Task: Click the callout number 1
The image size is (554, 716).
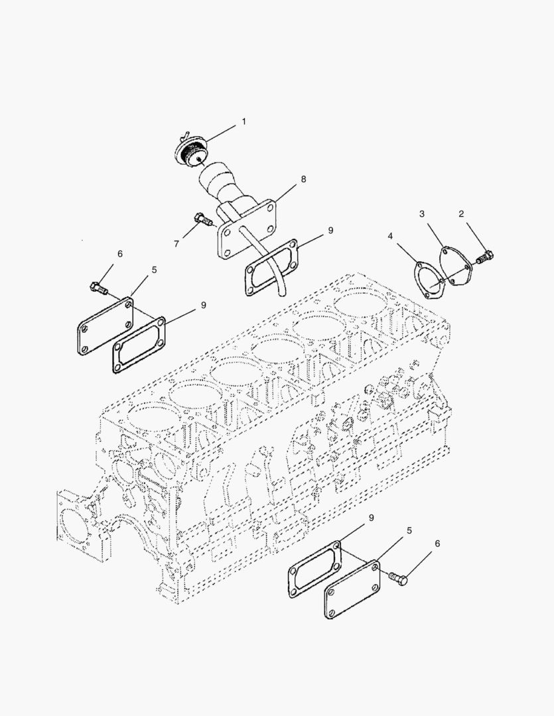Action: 243,121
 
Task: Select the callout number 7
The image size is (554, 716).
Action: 176,244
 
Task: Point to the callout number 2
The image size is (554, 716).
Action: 461,213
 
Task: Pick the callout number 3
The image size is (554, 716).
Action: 422,213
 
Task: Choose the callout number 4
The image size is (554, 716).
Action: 390,236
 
